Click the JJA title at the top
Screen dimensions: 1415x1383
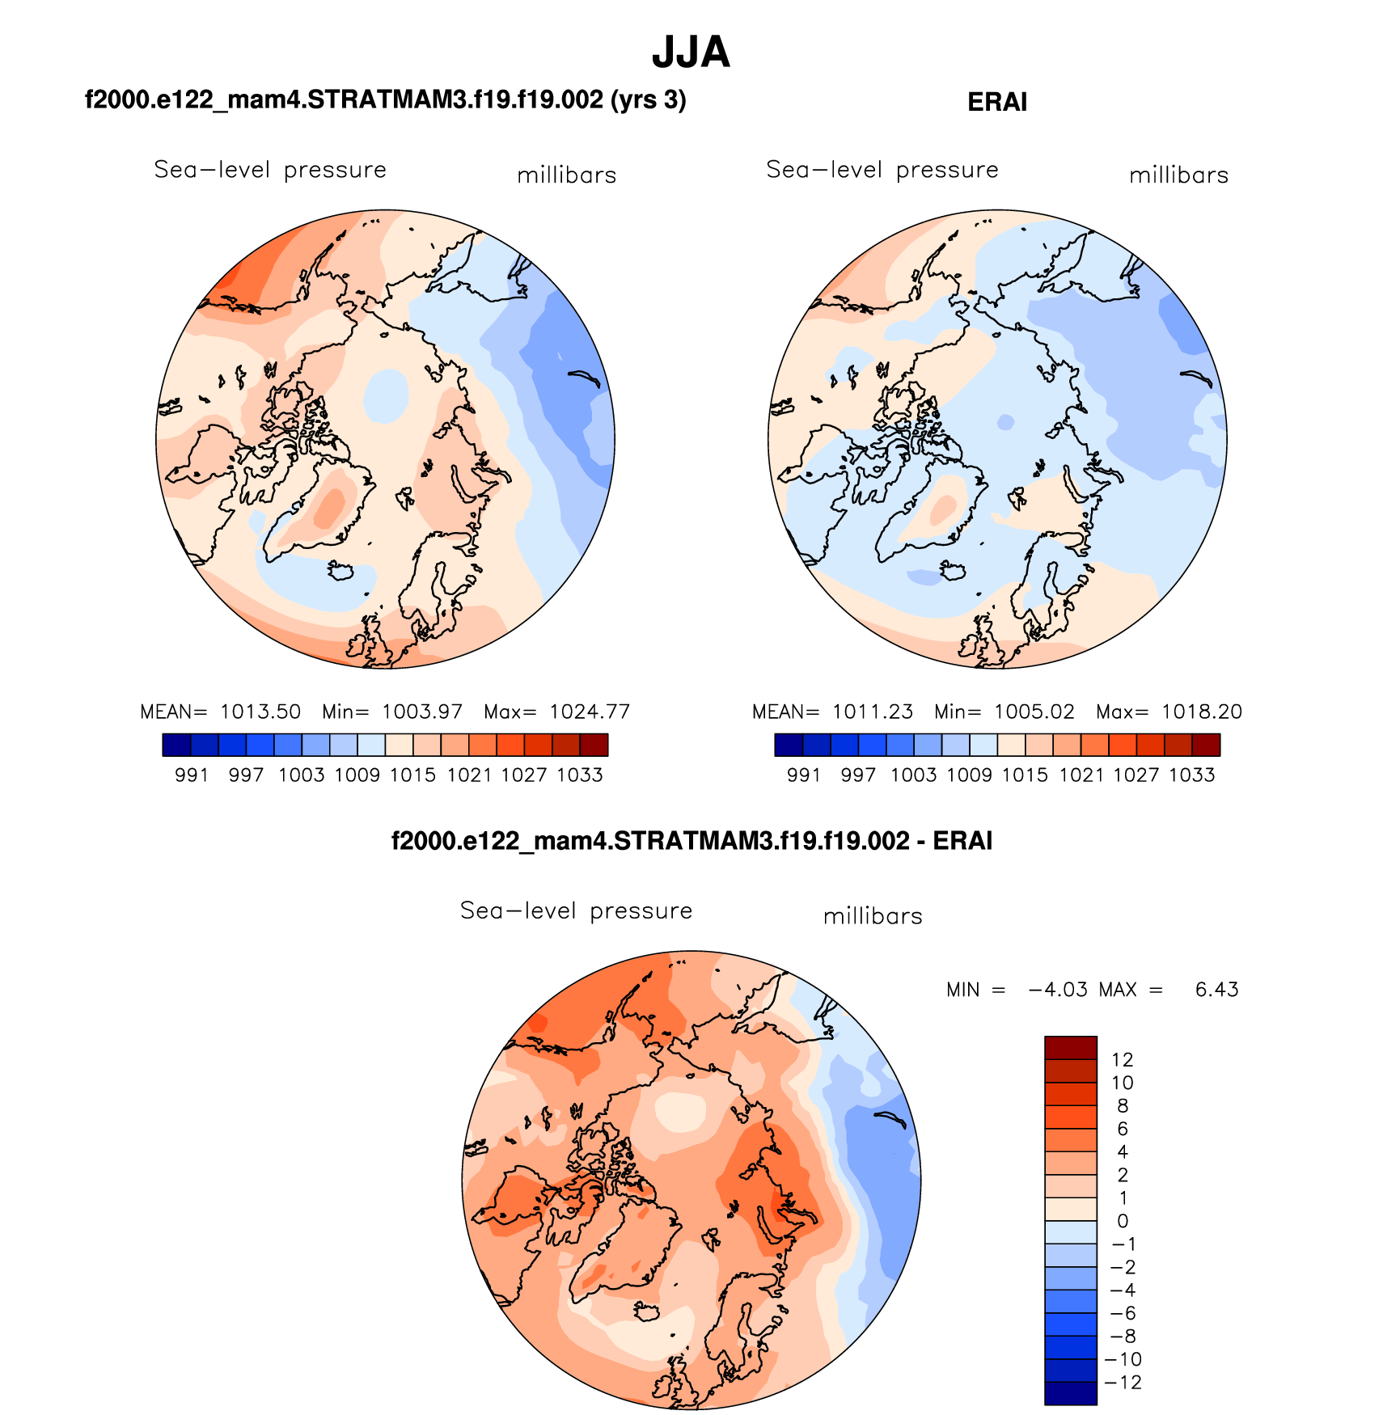(691, 53)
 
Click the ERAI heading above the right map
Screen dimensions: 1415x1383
(997, 102)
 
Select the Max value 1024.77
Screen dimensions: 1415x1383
(589, 712)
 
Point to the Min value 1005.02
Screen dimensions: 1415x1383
(1034, 712)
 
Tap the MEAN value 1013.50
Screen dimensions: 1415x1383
(260, 712)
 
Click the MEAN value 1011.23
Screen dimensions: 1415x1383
(872, 712)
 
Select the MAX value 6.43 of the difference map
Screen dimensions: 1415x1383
(1216, 990)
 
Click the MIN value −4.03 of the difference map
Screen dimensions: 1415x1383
(1058, 990)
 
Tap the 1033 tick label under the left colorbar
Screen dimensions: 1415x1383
(580, 775)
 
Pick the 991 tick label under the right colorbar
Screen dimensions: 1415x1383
(804, 775)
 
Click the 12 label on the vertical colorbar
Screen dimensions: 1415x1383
(1122, 1060)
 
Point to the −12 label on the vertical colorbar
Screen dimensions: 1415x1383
(1123, 1383)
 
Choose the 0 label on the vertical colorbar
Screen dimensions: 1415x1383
(1122, 1221)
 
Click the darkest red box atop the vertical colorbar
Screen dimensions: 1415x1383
(1071, 1048)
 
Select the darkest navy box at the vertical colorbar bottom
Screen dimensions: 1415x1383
(1071, 1393)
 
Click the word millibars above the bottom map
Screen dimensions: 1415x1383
(873, 916)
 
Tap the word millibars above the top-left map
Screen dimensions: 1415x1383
(566, 175)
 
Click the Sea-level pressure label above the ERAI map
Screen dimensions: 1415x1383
(882, 170)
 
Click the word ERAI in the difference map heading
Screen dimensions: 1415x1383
(962, 841)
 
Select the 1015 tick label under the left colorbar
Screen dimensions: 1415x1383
(412, 775)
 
